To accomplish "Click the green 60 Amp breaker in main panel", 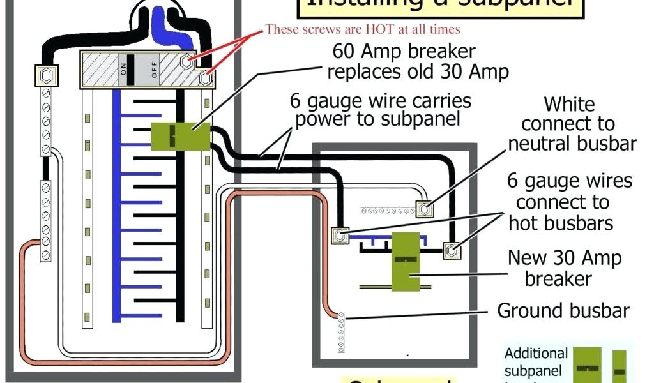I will (181, 136).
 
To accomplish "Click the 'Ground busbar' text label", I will (563, 311).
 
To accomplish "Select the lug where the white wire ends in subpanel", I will (425, 207).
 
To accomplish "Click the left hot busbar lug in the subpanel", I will (340, 236).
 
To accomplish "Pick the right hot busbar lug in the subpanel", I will (452, 250).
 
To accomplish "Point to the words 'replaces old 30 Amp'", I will (418, 71).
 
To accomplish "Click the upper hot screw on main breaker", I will (186, 61).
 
